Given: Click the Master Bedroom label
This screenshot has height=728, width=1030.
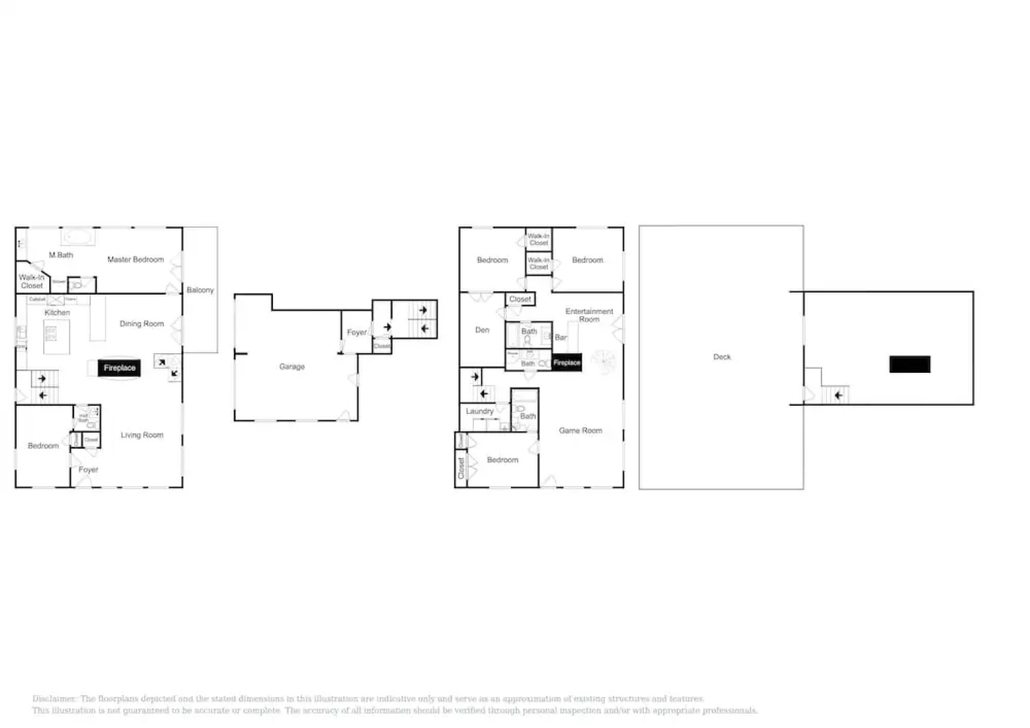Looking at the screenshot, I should (135, 260).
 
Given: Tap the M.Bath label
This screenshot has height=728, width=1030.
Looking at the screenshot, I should (61, 255).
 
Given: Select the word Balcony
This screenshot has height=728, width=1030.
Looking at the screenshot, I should (200, 290).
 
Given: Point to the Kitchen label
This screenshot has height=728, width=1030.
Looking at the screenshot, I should (57, 313).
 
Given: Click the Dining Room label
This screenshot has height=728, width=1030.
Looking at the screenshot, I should (142, 324).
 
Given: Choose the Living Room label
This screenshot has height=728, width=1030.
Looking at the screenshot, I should (142, 435).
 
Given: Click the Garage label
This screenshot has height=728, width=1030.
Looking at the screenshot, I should (292, 367).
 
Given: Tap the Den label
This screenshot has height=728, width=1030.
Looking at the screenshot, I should (482, 330).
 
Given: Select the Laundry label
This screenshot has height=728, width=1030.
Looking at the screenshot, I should (479, 411).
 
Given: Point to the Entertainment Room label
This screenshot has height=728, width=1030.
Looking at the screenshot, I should (589, 315).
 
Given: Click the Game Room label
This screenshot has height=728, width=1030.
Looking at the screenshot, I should (580, 430).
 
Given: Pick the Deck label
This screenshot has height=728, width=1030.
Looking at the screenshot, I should (722, 357).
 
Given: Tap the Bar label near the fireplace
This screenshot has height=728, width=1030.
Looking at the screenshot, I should (560, 338).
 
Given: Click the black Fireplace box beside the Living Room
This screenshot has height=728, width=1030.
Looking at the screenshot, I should (119, 368).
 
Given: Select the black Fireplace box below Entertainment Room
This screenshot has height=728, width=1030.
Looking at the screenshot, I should (566, 363).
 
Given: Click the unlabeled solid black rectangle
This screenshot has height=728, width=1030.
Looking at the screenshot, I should (909, 364).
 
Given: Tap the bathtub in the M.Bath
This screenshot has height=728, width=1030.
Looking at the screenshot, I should (78, 237).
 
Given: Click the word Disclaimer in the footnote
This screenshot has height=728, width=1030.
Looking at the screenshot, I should (54, 699).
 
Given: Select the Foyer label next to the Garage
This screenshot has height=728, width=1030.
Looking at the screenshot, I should (357, 332).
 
